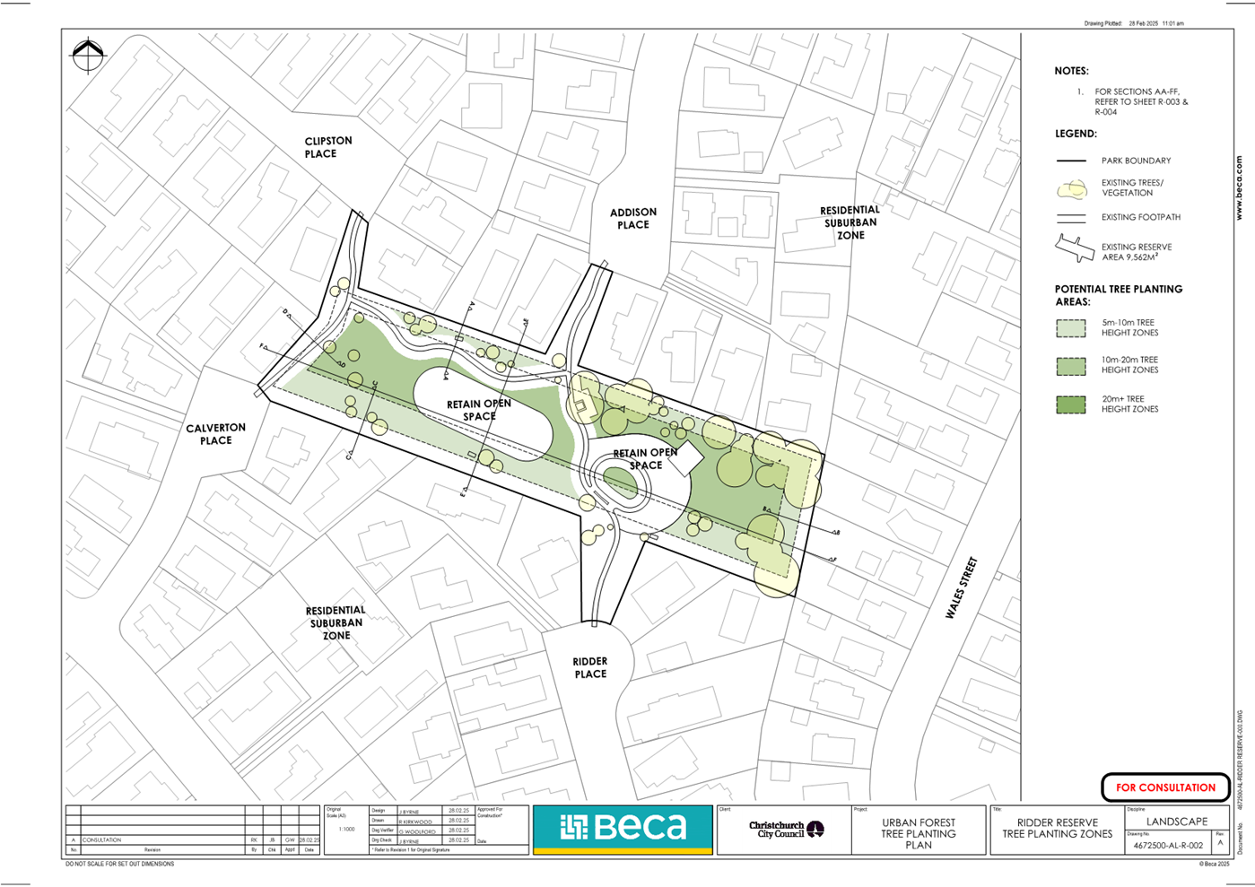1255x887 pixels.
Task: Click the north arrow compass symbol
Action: (x=88, y=56)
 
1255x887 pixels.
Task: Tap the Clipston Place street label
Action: (x=327, y=147)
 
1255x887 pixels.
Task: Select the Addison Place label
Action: (x=633, y=219)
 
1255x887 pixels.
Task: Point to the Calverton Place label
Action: (x=215, y=434)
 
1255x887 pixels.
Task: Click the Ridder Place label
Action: (x=590, y=667)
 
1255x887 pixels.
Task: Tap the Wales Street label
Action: (x=961, y=588)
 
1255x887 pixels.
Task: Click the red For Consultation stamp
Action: (x=1165, y=787)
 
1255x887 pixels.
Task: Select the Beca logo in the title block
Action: (x=623, y=827)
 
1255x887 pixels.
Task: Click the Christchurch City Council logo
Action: (x=786, y=829)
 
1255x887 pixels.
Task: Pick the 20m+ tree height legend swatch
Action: (x=1070, y=404)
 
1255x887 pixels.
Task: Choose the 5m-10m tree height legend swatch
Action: (x=1070, y=327)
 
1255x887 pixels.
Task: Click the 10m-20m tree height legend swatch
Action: (x=1070, y=365)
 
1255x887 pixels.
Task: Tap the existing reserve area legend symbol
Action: (x=1073, y=249)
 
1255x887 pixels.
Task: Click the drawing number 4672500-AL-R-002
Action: (x=1167, y=845)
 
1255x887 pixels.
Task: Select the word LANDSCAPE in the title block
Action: (x=1177, y=822)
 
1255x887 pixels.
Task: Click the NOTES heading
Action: (x=1071, y=71)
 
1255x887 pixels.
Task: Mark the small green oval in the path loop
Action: (x=619, y=483)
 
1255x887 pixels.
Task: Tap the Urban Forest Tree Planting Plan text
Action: (x=918, y=833)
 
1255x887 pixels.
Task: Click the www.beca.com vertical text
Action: (x=1239, y=188)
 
